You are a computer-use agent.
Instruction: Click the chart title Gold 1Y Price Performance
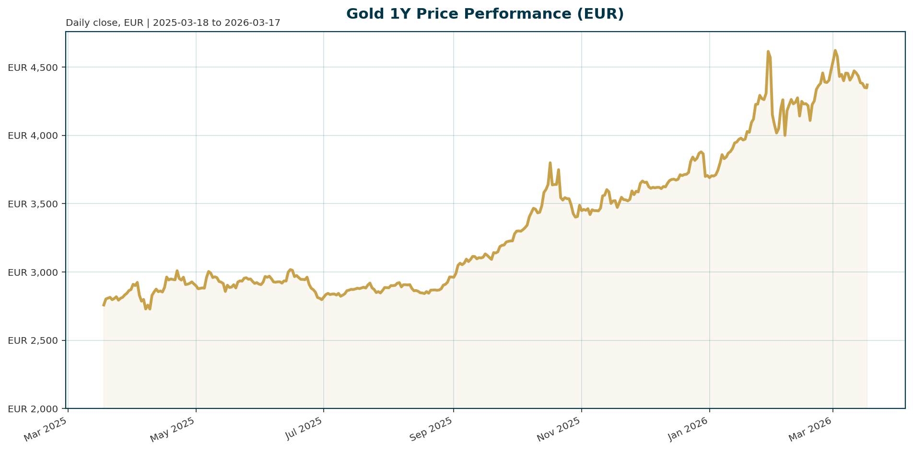coord(485,14)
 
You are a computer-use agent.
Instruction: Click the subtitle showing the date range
coord(173,23)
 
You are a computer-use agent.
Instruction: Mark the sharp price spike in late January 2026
coord(768,51)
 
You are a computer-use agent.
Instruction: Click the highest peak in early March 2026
coord(835,50)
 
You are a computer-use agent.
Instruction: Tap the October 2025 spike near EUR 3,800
coord(550,163)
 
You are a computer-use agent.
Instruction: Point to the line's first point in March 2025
coord(104,305)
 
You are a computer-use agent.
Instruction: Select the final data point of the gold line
coord(867,85)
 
